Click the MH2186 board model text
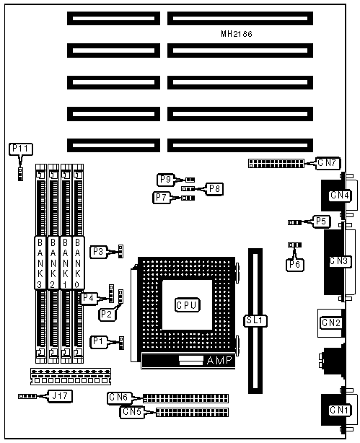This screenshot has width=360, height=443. (237, 34)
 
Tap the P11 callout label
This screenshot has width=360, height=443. (21, 149)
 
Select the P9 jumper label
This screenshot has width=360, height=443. (166, 180)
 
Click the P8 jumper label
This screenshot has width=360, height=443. (214, 189)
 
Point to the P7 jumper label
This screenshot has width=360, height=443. (162, 197)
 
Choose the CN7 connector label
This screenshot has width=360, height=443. (328, 163)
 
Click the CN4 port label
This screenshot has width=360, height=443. (339, 196)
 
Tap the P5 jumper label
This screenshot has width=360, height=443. (321, 221)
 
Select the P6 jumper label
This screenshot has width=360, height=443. (295, 265)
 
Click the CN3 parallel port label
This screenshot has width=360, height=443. (339, 261)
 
